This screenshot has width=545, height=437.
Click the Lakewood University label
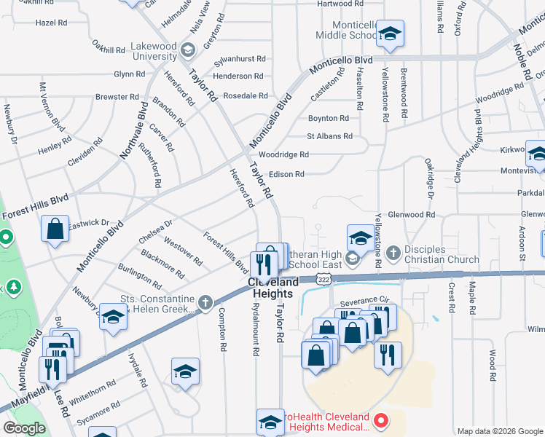[x=154, y=51]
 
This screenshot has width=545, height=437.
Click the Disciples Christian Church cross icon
[x=393, y=253]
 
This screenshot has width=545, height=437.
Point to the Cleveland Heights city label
[x=273, y=288]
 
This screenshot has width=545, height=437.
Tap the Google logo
[x=24, y=428]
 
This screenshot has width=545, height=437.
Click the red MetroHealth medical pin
[x=379, y=421]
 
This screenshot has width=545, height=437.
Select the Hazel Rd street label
[x=51, y=23]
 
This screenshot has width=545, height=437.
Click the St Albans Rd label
[x=329, y=136]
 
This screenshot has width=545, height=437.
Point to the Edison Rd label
[x=286, y=174]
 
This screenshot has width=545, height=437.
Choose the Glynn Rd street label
[x=129, y=74]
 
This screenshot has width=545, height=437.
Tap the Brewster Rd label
[x=117, y=96]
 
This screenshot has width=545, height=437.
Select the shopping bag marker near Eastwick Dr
[x=55, y=229]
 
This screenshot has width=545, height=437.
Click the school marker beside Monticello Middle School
[x=391, y=34]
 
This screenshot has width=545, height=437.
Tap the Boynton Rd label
[x=328, y=118]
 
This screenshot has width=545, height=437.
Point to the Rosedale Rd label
[x=245, y=95]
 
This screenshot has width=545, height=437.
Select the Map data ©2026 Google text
[x=499, y=431]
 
